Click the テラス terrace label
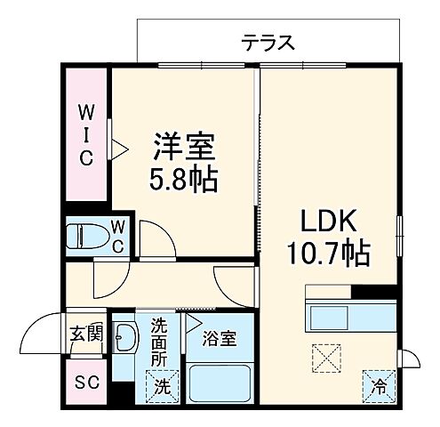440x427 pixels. pos(267,41)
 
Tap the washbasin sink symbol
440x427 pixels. pos(126,339)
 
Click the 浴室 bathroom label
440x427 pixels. pos(218,339)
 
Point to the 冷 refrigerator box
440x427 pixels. pos(379,385)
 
